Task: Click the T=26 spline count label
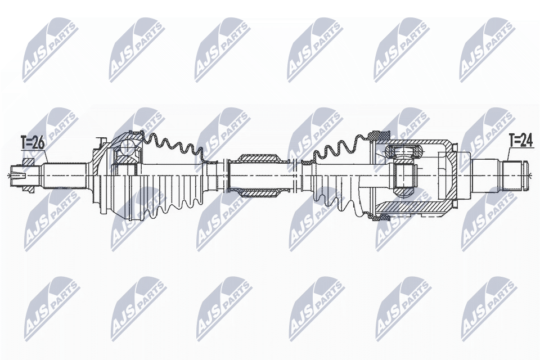[32, 143]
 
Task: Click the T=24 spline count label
[520, 140]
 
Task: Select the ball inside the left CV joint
[127, 148]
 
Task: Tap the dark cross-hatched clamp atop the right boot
[375, 136]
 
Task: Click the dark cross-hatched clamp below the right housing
[375, 215]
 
